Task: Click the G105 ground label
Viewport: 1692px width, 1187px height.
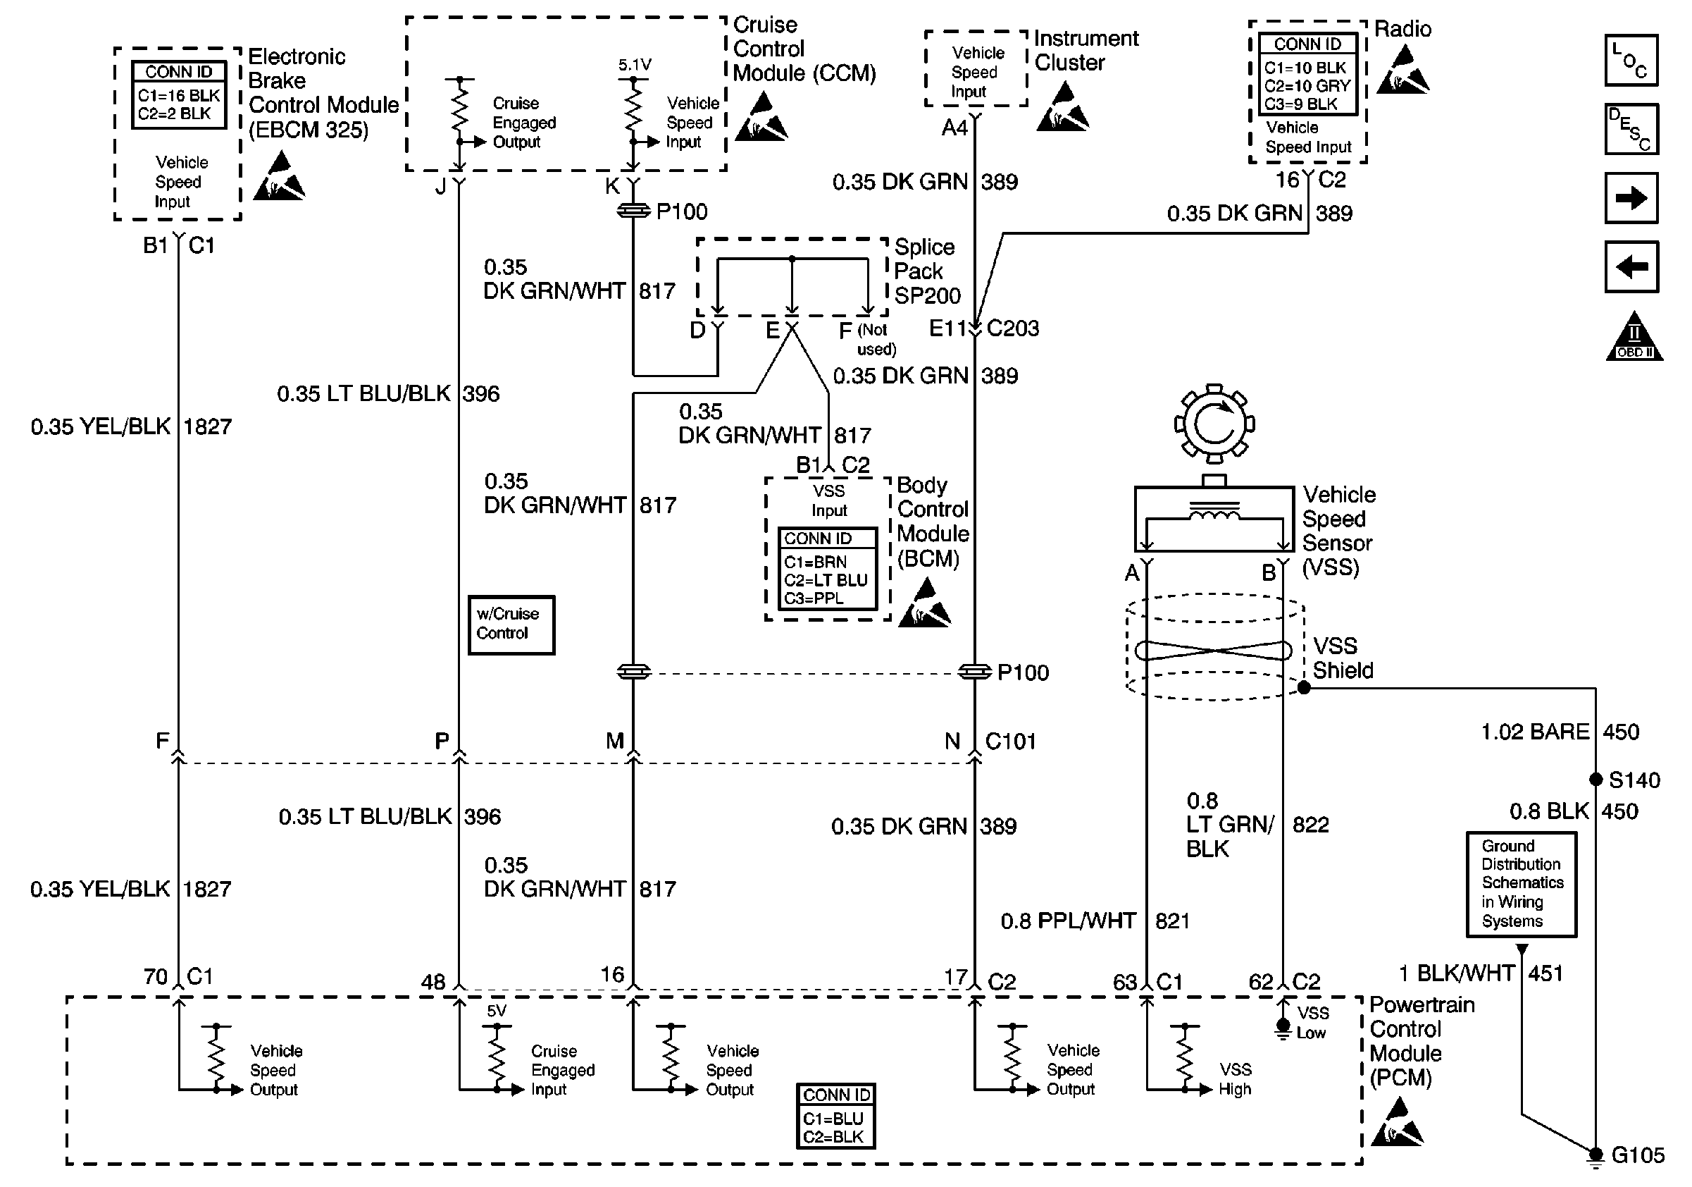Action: click(1638, 1155)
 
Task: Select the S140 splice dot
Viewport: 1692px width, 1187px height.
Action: click(1595, 780)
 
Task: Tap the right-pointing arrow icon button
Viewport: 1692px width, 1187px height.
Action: click(1631, 197)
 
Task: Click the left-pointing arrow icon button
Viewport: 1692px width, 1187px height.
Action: click(1631, 266)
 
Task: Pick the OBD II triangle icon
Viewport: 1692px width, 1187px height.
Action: click(1634, 336)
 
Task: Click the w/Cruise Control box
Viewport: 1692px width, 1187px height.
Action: click(511, 625)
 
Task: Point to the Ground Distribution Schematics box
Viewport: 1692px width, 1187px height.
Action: click(1521, 884)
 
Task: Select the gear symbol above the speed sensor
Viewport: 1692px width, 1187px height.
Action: click(1214, 423)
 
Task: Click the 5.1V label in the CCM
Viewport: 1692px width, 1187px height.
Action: click(635, 65)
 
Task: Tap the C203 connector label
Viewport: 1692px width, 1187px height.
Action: click(1012, 328)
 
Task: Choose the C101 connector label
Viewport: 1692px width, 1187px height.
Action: click(1010, 741)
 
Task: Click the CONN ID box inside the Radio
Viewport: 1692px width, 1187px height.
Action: click(1307, 74)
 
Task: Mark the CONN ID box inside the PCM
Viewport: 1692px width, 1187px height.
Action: click(835, 1116)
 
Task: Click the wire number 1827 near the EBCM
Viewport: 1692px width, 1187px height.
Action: click(207, 426)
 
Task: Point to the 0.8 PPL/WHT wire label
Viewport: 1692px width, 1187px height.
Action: click(1068, 920)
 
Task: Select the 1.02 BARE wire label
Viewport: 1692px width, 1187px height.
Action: click(1535, 732)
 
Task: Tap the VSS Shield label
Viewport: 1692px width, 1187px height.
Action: click(1343, 658)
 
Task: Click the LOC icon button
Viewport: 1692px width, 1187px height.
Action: click(1631, 60)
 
